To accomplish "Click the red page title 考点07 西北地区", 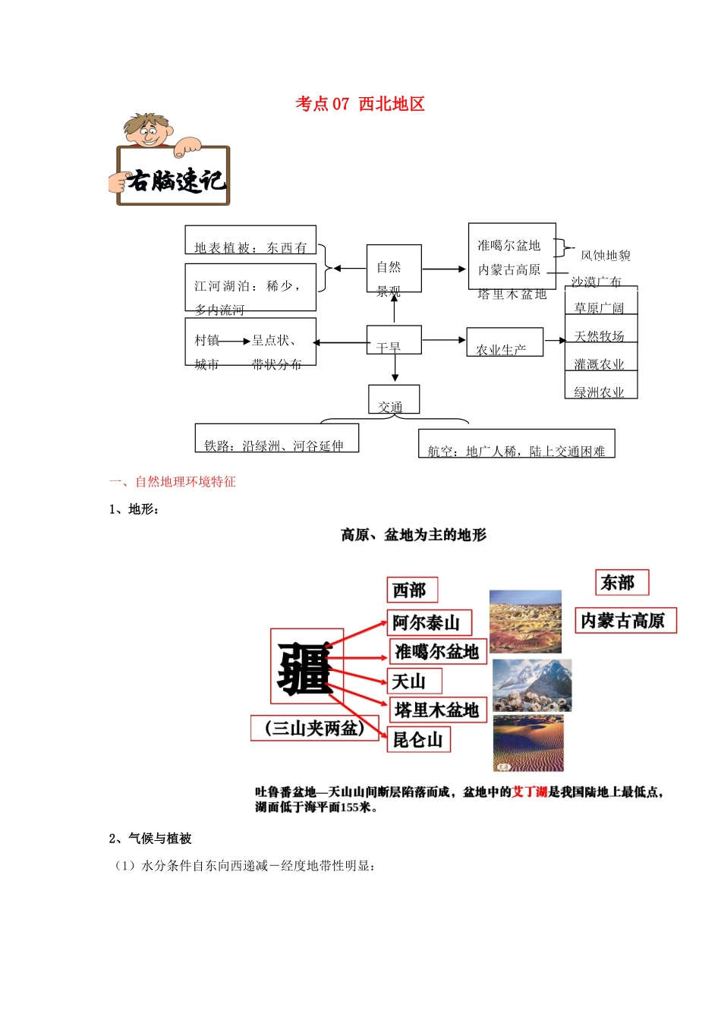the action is [360, 104].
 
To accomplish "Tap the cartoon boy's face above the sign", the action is [147, 134].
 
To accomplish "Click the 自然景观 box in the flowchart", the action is [393, 268].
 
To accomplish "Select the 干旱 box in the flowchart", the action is [393, 340].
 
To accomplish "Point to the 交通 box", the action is [393, 399].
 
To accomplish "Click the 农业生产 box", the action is [504, 342].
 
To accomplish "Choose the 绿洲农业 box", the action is [600, 385].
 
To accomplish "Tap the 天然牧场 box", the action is [600, 329].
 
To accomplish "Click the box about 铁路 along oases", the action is [276, 438].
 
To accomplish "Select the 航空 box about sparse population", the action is [516, 444].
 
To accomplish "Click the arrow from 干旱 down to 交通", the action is [395, 368].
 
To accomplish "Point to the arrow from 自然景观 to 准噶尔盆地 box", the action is [445, 269].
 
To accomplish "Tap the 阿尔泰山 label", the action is [429, 623].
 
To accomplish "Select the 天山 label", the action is [414, 681].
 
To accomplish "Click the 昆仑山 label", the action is [419, 739].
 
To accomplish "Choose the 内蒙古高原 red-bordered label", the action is [625, 621].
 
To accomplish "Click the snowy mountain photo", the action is [531, 685].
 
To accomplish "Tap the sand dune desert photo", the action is [528, 742].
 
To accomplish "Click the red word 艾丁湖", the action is [530, 792].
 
